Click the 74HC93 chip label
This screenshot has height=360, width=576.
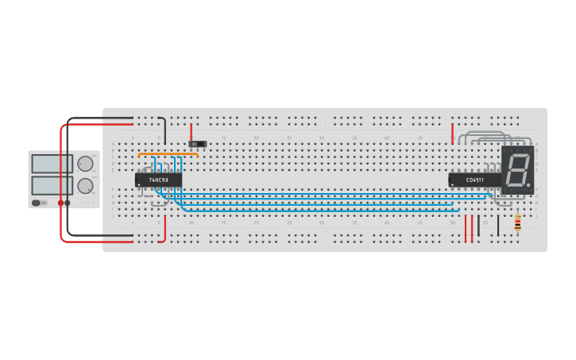[x=158, y=180]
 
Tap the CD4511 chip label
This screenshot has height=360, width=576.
[x=474, y=180]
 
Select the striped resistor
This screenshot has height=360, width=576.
[x=518, y=223]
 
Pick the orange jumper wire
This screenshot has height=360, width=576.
[x=168, y=154]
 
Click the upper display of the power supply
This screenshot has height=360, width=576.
[x=52, y=164]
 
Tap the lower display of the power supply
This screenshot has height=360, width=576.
[x=52, y=186]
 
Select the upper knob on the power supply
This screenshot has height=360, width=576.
[x=85, y=164]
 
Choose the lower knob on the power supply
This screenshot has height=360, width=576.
[x=85, y=186]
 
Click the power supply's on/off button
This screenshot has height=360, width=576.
[x=37, y=203]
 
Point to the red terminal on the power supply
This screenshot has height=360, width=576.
[x=60, y=203]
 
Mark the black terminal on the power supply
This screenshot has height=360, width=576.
[x=68, y=203]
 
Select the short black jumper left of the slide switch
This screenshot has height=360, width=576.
[x=164, y=129]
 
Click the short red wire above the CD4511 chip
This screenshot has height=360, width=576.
[x=453, y=133]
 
